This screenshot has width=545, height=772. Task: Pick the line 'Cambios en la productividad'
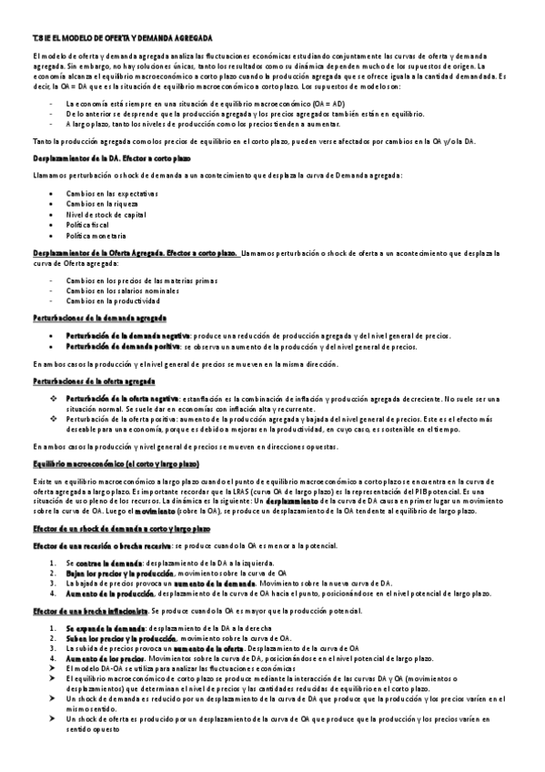[113, 300]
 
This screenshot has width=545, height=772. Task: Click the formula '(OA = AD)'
[328, 105]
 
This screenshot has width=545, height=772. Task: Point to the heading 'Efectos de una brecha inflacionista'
[89, 609]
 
